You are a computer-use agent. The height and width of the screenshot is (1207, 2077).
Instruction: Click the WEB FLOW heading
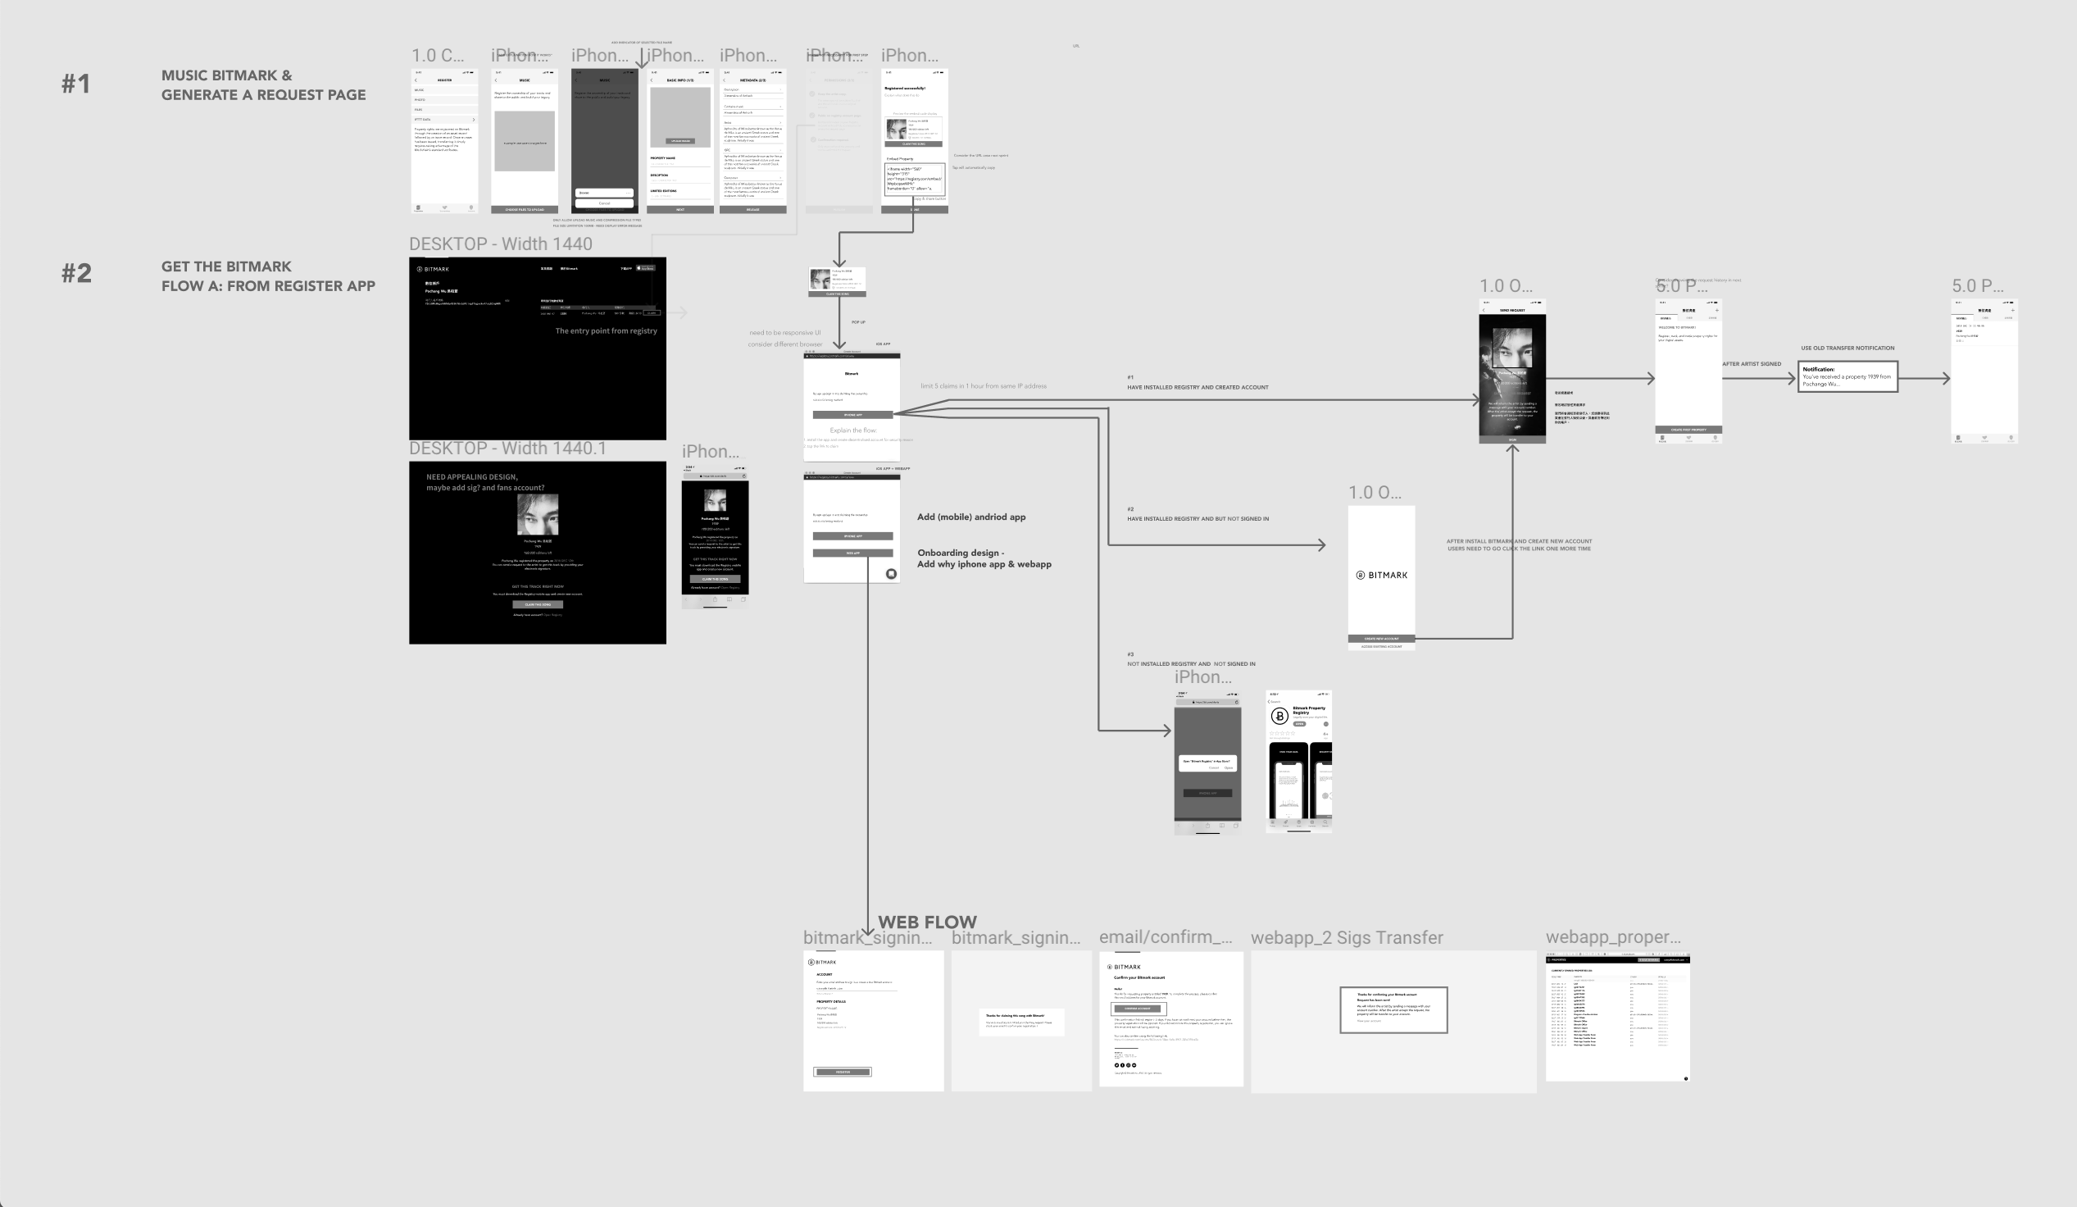[927, 922]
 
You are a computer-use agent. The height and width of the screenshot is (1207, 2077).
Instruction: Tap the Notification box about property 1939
[1847, 376]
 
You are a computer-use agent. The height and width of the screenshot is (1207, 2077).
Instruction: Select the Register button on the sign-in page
[843, 1072]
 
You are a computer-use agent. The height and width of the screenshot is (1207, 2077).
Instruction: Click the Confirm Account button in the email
[1138, 1009]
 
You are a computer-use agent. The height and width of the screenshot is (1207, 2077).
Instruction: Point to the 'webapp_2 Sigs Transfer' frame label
[1347, 937]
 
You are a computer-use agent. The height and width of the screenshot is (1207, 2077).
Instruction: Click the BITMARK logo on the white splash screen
[1381, 575]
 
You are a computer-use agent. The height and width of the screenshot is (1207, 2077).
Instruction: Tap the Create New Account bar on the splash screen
[1381, 638]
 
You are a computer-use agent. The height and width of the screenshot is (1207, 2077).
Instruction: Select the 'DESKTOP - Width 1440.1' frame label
[507, 449]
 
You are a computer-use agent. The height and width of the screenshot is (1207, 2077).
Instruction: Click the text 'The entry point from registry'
[606, 330]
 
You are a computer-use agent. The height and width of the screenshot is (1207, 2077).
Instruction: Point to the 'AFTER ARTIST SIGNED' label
[1752, 363]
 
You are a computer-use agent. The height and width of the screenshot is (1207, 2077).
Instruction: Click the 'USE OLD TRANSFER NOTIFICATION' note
[1847, 348]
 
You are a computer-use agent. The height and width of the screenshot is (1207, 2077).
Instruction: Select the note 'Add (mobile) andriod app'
[971, 517]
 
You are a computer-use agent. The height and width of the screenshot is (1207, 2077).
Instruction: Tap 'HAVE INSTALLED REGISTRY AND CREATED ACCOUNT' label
[1198, 387]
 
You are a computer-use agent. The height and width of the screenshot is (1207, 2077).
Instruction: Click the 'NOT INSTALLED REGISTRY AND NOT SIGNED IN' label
[1191, 663]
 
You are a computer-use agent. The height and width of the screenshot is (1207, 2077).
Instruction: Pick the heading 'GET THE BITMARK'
[227, 266]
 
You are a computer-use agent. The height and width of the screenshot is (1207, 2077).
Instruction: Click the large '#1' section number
[76, 84]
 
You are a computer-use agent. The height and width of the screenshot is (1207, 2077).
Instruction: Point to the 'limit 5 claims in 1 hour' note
[984, 386]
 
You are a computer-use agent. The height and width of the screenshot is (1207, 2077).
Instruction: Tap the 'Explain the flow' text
[852, 430]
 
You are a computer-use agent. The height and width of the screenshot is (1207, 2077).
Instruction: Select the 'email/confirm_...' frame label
[1166, 937]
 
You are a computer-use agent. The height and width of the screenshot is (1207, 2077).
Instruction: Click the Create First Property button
[1688, 430]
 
